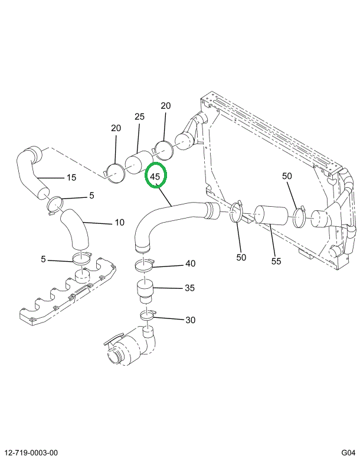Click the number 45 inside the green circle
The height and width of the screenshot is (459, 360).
tap(156, 177)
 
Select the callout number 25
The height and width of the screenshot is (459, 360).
tap(139, 117)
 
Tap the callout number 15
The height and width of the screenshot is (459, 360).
tap(71, 177)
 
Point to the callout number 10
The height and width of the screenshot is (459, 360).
tap(119, 223)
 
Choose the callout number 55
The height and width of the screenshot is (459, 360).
tap(276, 261)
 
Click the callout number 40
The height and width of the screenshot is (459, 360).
tap(190, 263)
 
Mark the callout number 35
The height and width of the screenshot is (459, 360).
tap(189, 288)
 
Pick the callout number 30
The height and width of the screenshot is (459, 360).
tap(190, 320)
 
